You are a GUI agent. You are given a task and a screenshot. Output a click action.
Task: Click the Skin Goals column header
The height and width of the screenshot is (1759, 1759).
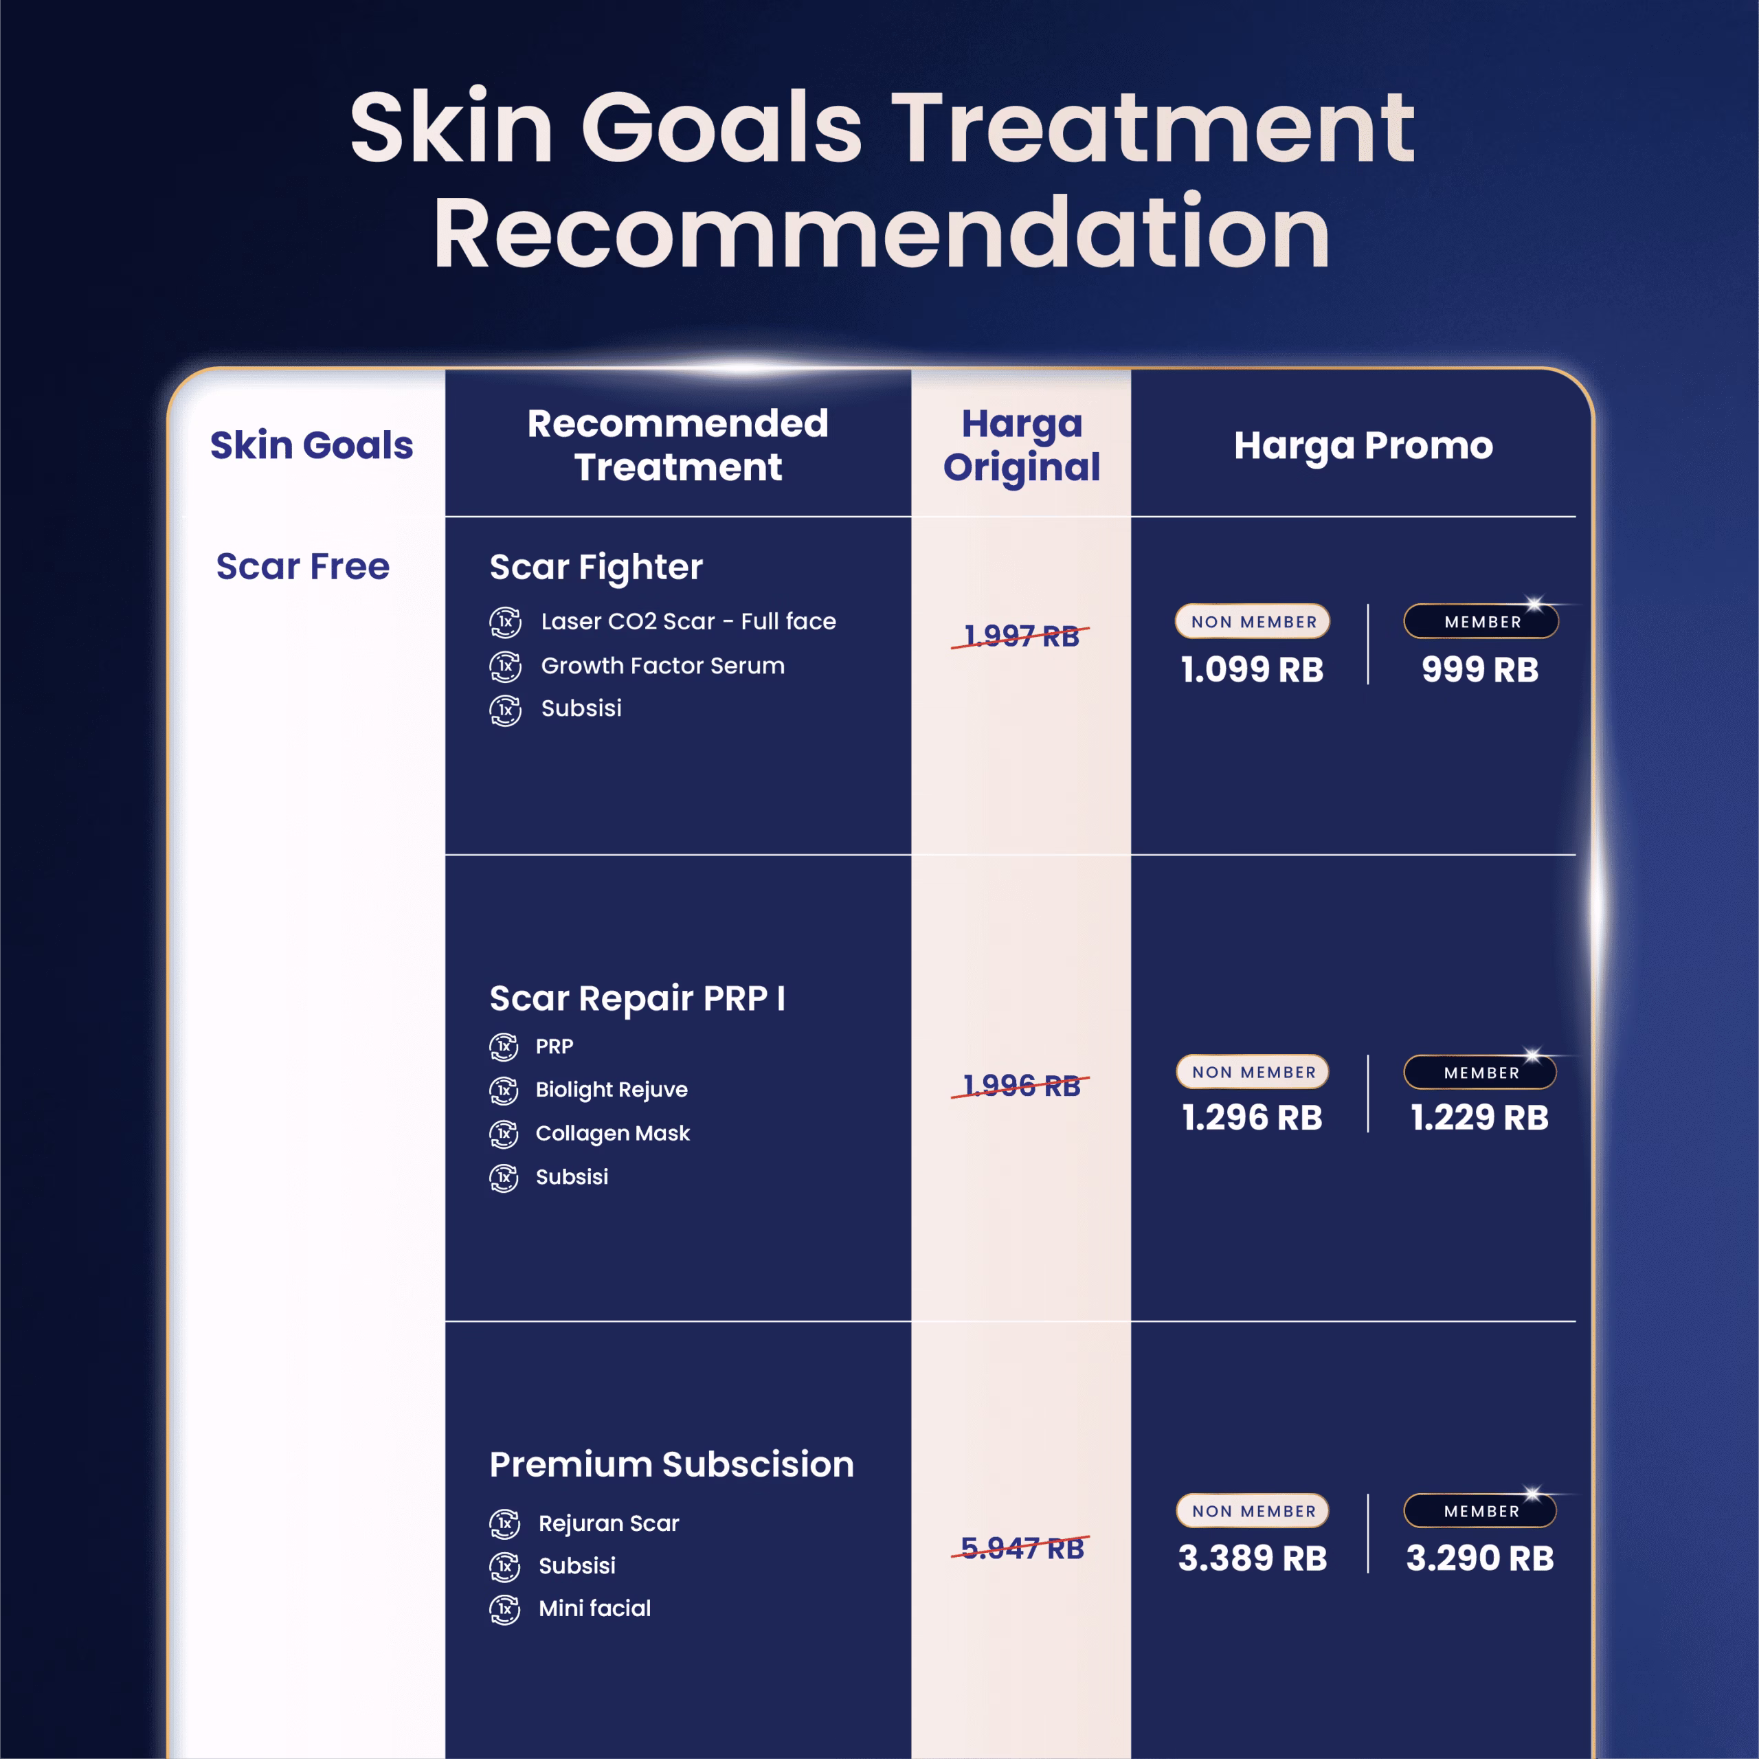[311, 445]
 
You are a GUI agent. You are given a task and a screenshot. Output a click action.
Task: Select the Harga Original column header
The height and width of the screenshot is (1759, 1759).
[1022, 445]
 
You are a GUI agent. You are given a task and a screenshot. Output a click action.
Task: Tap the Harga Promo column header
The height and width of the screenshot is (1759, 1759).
[1363, 445]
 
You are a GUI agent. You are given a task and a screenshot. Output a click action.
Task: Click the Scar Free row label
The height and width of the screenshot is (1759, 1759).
[302, 566]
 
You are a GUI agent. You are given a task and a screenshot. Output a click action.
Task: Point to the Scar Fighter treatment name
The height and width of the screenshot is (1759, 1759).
[596, 568]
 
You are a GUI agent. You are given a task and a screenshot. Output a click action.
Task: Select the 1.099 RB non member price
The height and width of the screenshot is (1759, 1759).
[1252, 669]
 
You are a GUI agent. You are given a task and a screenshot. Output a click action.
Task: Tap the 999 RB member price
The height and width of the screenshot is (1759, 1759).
[1479, 669]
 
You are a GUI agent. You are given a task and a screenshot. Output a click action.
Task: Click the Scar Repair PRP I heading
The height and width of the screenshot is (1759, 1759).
[638, 998]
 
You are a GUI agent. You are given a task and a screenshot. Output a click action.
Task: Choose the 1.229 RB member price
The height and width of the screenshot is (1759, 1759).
[1479, 1117]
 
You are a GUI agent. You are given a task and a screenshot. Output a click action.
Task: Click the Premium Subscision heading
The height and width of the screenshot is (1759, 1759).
[672, 1464]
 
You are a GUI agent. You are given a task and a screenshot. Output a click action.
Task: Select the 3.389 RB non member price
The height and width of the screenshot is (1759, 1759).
[1252, 1558]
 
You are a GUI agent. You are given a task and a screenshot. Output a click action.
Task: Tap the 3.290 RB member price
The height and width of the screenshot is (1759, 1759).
[1479, 1558]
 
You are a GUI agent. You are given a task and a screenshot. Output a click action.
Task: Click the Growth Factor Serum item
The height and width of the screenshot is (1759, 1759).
[663, 666]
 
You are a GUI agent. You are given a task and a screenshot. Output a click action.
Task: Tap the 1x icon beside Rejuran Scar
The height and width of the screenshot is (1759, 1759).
[504, 1523]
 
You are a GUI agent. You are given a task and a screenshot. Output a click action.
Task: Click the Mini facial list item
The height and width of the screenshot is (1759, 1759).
[594, 1608]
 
